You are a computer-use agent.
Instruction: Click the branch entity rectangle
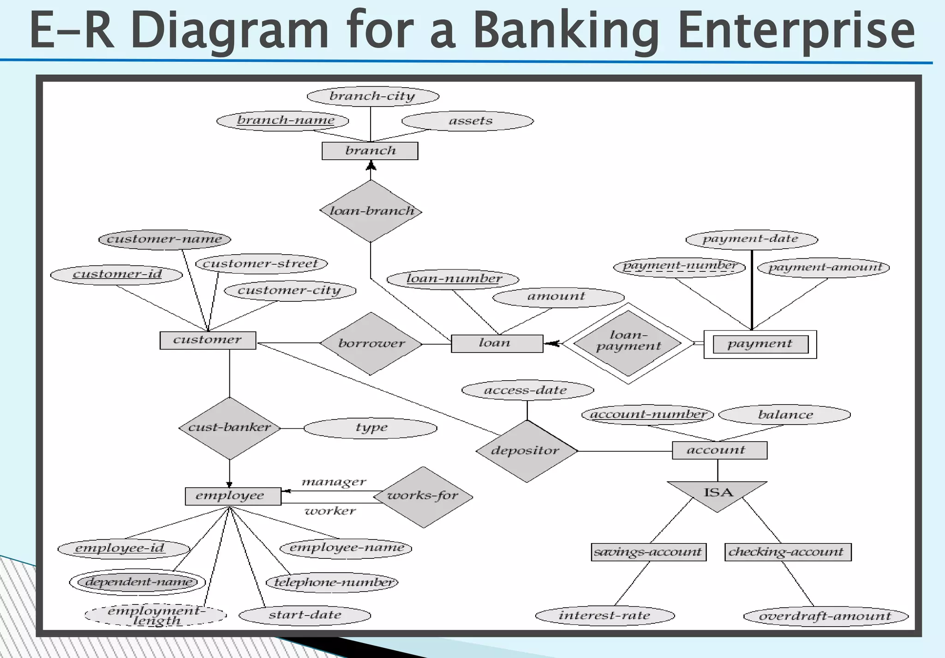pos(370,151)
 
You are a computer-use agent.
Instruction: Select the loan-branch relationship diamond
pos(371,211)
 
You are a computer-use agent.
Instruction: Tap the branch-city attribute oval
pos(373,96)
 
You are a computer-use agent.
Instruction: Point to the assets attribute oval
pos(468,121)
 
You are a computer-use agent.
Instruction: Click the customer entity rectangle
pos(208,341)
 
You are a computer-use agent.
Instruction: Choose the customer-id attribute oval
pos(116,275)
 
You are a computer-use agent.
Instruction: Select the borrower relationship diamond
pos(371,344)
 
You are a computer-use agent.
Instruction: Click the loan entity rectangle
pos(496,344)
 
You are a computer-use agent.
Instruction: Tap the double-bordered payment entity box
pos(760,344)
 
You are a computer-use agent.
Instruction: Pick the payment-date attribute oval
pos(752,239)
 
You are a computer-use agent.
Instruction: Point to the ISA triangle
pos(717,493)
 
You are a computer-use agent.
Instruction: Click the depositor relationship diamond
pos(526,451)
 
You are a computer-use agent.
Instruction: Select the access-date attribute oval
pos(527,390)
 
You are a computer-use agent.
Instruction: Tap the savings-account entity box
pos(648,552)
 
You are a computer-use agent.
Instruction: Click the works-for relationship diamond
pos(423,496)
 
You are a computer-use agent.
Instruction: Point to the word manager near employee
pos(334,482)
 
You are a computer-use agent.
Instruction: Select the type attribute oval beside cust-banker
pos(371,428)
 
